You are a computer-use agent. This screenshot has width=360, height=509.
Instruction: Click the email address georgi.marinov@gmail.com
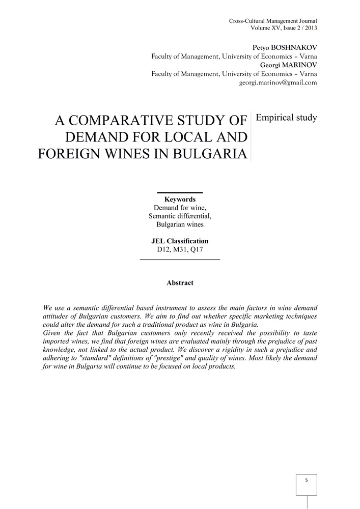pos(278,82)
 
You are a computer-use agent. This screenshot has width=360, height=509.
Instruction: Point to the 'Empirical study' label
pos(286,118)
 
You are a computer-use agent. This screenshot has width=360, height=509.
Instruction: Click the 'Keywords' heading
pos(180,200)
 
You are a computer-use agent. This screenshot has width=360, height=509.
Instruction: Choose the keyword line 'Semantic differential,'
pos(180,216)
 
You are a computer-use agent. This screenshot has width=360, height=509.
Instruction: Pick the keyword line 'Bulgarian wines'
pos(180,224)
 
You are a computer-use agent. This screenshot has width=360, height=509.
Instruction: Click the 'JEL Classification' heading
pos(180,241)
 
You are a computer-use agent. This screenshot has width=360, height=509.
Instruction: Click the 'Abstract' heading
pos(180,282)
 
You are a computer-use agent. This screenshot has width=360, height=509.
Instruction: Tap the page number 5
pos(306,480)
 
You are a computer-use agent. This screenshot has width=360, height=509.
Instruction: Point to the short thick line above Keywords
pos(180,192)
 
